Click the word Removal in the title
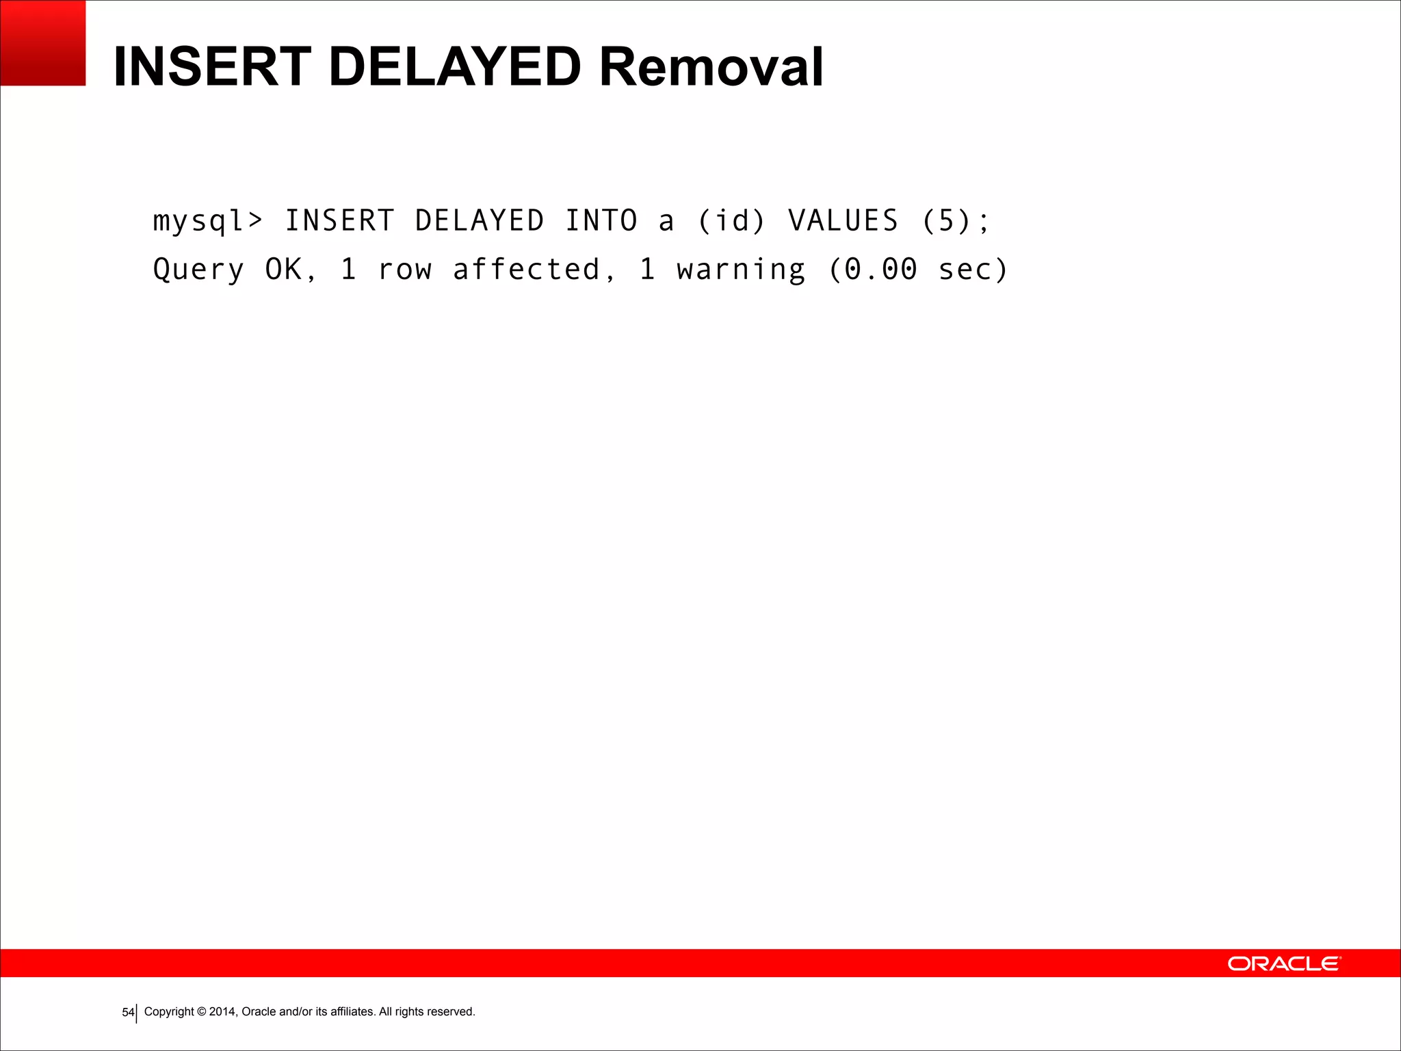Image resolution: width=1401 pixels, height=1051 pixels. pos(711,67)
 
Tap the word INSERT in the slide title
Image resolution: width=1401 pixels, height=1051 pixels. pos(213,67)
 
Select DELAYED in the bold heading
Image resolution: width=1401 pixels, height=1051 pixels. pos(455,67)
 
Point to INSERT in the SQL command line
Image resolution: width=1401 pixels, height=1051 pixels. pos(339,221)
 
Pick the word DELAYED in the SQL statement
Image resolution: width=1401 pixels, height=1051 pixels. pos(480,221)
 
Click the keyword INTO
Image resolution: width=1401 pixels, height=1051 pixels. pos(601,221)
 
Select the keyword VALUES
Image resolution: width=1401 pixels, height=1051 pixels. pos(843,221)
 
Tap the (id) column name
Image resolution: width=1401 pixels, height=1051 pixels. pos(731,221)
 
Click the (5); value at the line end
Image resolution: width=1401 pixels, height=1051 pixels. pos(955,221)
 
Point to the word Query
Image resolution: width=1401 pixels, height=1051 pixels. pos(198,270)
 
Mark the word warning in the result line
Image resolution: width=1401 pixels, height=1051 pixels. pos(741,270)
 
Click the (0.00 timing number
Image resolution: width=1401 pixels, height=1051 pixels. pos(873,270)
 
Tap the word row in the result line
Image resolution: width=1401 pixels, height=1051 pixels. pos(405,270)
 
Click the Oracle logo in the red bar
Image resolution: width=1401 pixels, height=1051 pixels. pos(1284,963)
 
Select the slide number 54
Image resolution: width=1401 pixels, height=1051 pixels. pos(128,1012)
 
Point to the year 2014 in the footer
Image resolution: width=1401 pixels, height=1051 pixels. pos(222,1011)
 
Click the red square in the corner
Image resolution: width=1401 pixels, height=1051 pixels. pos(42,42)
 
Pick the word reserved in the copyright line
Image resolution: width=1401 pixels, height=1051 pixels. pos(451,1011)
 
